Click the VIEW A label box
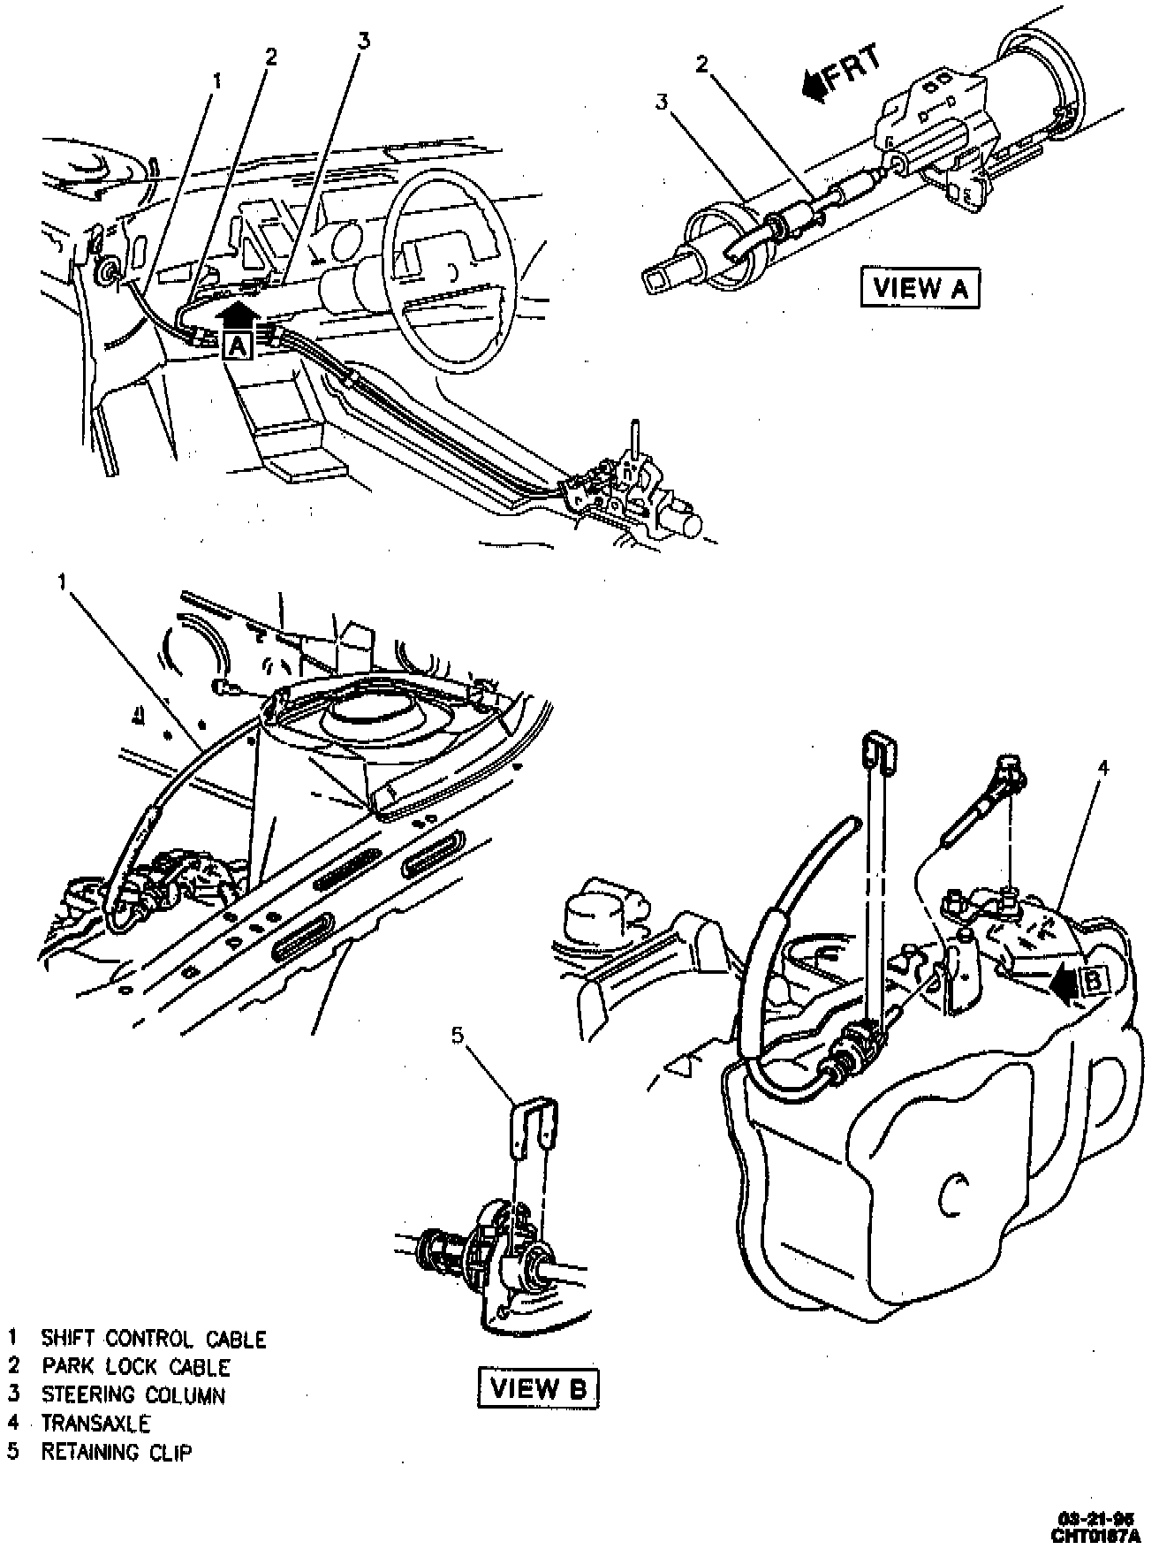coord(920,288)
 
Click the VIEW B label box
coord(538,1388)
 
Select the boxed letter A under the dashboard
coord(236,346)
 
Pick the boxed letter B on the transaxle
coord(1092,980)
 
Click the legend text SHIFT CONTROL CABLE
coord(153,1339)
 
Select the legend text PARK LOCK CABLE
coord(135,1367)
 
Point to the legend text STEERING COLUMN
coord(133,1395)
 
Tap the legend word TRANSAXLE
coord(95,1424)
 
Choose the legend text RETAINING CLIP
coord(116,1452)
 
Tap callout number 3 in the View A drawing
coord(662,102)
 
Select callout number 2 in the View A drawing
coord(702,64)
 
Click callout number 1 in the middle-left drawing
coord(62,581)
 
